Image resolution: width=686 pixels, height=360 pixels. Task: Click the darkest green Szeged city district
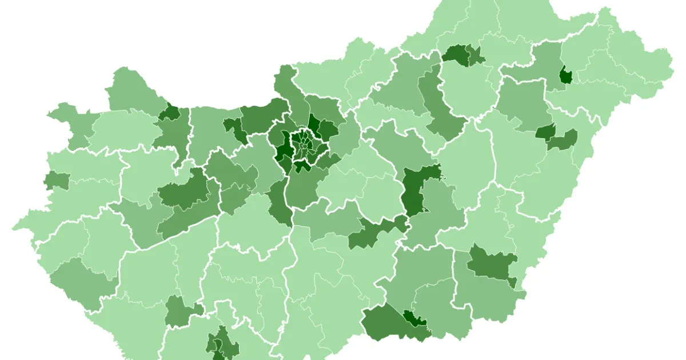[x=414, y=319]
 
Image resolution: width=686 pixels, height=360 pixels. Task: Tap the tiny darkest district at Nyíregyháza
[x=566, y=75]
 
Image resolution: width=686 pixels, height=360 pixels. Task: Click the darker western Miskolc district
[x=456, y=54]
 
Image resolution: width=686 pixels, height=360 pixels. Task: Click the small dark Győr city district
[x=169, y=112]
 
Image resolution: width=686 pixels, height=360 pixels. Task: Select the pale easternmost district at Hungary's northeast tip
[x=657, y=63]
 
